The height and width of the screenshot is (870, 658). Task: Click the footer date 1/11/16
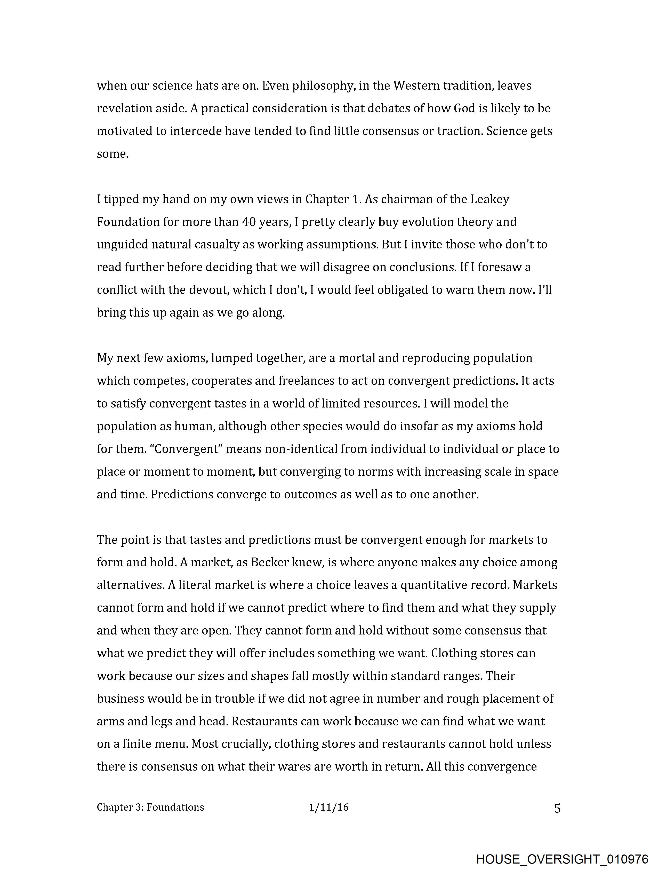pyautogui.click(x=328, y=808)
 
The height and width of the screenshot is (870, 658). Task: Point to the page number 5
pyautogui.click(x=557, y=809)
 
